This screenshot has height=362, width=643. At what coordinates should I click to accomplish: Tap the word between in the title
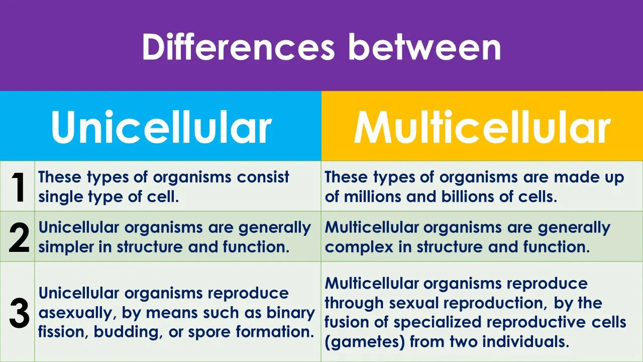[x=424, y=47]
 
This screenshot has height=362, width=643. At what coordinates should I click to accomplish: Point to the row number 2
[x=19, y=237]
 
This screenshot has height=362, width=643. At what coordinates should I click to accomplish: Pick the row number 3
[x=19, y=313]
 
